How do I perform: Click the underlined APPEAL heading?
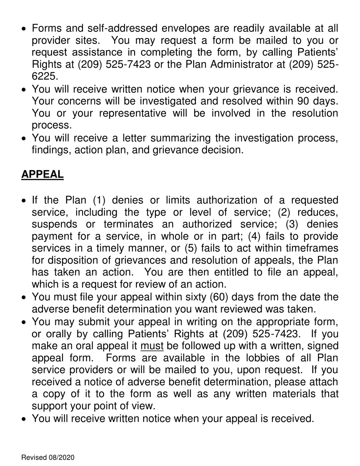coord(42,174)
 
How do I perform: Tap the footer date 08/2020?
coord(61,458)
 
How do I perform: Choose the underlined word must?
coord(152,346)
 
